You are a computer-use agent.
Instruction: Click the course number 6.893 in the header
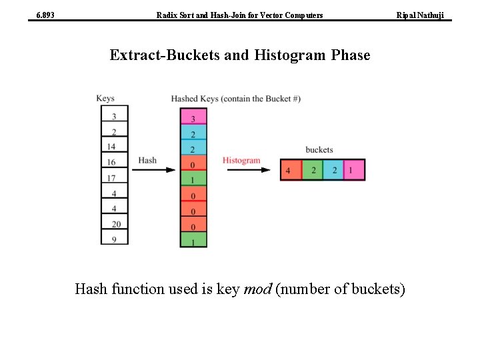click(x=45, y=15)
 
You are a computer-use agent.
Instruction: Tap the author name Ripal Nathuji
click(x=420, y=15)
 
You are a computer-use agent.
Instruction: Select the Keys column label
click(x=105, y=99)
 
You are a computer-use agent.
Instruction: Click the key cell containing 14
click(x=114, y=146)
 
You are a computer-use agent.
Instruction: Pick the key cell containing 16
click(x=114, y=162)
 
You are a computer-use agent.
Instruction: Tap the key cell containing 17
click(x=114, y=177)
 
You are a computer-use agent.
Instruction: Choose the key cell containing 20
click(x=114, y=224)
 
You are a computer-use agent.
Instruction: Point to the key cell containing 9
click(x=114, y=239)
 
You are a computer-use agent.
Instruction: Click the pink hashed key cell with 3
click(x=193, y=118)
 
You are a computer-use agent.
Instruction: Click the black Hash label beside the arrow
click(x=147, y=160)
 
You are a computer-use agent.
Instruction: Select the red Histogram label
click(x=241, y=160)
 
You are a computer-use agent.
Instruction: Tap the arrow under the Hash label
click(x=154, y=170)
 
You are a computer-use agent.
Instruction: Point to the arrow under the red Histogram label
click(x=249, y=170)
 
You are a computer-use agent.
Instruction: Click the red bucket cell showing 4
click(x=291, y=170)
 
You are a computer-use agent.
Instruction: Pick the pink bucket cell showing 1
click(x=354, y=170)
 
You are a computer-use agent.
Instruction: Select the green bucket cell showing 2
click(x=313, y=170)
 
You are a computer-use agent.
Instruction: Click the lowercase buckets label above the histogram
click(x=319, y=149)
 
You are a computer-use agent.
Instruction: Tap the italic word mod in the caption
click(x=257, y=289)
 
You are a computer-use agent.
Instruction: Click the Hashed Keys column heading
click(x=235, y=99)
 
